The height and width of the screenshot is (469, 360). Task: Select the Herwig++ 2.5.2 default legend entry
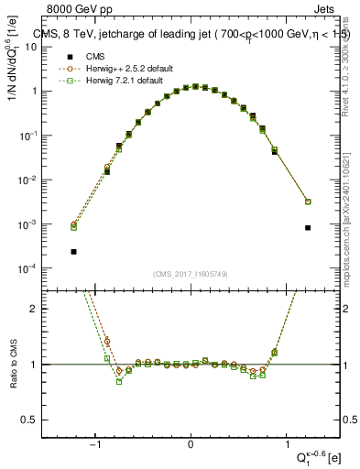119,68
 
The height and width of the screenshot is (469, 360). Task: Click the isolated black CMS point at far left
73,251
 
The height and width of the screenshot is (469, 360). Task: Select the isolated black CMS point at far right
308,228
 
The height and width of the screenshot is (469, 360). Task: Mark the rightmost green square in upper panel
308,202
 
